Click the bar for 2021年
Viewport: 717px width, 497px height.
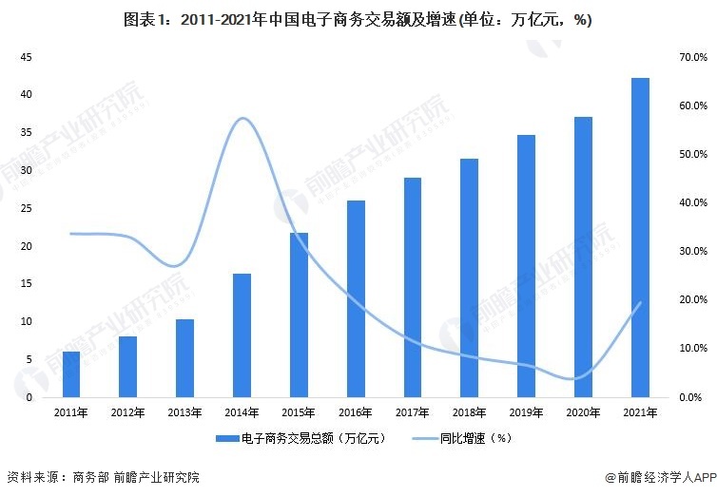point(641,238)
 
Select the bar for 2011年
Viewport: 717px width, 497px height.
point(71,373)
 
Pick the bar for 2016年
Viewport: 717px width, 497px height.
point(356,298)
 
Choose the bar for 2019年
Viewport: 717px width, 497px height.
point(527,265)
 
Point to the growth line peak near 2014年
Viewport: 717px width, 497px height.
point(243,118)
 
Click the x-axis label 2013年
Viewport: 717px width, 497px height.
point(184,412)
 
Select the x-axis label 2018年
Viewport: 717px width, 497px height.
point(470,412)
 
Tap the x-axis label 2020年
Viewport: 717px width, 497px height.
point(584,412)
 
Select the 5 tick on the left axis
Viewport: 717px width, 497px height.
point(30,359)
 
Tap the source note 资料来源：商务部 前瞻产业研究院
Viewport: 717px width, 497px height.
point(103,477)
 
